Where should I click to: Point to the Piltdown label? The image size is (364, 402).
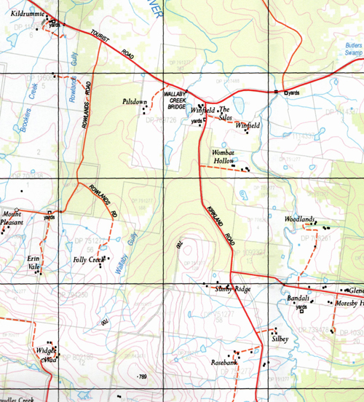pos(135,102)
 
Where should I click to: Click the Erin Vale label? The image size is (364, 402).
pos(33,263)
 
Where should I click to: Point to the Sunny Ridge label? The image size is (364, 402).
pos(233,290)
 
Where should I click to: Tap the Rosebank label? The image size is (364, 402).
pos(224,363)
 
